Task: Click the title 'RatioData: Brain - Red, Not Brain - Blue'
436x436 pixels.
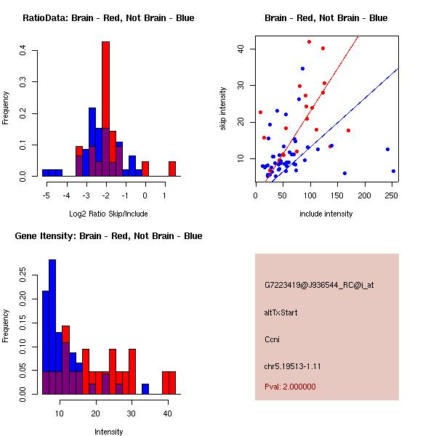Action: coord(108,18)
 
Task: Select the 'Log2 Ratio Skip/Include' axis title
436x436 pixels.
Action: coord(108,214)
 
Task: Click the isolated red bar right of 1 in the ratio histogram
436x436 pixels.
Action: coord(172,169)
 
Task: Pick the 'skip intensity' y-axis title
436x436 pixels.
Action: coord(224,109)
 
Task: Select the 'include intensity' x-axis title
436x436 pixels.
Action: coord(326,214)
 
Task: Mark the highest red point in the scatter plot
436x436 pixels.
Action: coord(309,42)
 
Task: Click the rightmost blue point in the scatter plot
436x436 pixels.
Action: coord(393,171)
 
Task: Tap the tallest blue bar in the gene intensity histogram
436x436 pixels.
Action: coord(52,327)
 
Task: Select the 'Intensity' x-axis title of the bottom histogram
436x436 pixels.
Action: coord(108,432)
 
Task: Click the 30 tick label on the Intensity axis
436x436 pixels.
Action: coord(132,413)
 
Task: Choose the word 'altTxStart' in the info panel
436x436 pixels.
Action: coord(281,312)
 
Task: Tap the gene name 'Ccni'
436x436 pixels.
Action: coord(272,339)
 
